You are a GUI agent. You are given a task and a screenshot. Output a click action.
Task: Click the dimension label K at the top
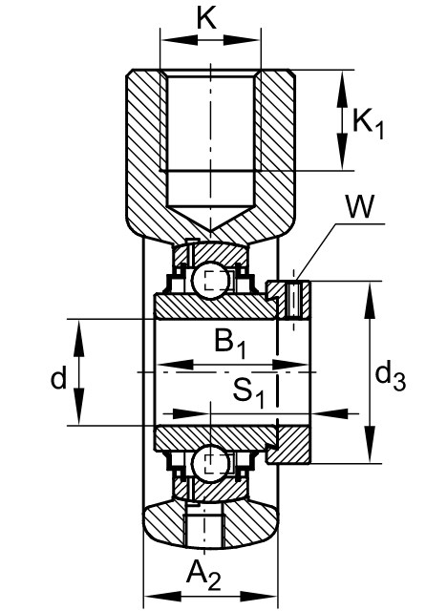click(x=206, y=18)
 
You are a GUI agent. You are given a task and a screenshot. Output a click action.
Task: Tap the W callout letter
click(x=360, y=206)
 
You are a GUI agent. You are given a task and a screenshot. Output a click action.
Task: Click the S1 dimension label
click(x=248, y=392)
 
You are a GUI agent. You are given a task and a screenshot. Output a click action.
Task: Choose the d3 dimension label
click(x=390, y=376)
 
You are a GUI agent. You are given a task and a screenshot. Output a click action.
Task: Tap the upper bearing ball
click(x=210, y=281)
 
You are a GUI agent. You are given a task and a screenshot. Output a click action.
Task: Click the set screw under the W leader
click(x=293, y=300)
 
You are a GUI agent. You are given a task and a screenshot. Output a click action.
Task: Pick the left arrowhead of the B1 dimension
click(x=176, y=365)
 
